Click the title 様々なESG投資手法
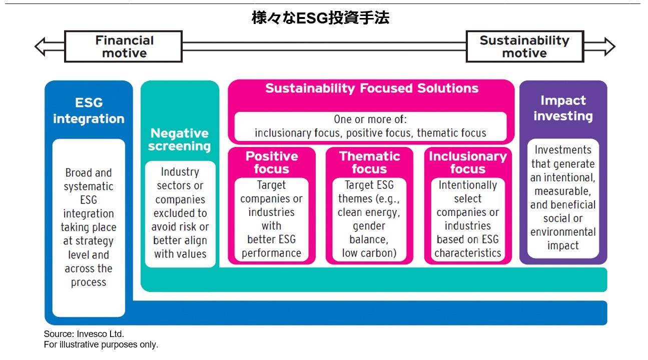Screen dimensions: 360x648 [x=321, y=18]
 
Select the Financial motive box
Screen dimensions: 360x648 [x=124, y=46]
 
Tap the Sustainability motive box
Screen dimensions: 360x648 [x=524, y=46]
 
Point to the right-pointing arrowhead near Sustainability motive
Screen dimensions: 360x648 [x=607, y=46]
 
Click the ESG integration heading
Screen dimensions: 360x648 [x=89, y=110]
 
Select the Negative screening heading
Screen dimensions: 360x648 [x=180, y=139]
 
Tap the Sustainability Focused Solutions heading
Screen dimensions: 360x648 [x=371, y=88]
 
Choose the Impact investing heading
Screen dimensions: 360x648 [x=563, y=108]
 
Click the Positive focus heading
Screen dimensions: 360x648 [x=272, y=162]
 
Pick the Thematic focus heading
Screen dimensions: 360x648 [x=369, y=162]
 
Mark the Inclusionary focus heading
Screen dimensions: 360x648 [x=467, y=162]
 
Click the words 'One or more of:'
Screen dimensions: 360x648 [x=370, y=119]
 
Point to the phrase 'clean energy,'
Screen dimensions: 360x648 [x=369, y=212]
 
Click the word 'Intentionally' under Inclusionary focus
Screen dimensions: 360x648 [x=467, y=185]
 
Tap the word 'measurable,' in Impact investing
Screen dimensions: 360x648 [x=563, y=191]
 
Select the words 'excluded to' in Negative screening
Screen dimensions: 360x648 [x=180, y=213]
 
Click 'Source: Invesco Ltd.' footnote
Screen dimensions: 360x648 [x=84, y=334]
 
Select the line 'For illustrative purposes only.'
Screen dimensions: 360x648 [x=101, y=344]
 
